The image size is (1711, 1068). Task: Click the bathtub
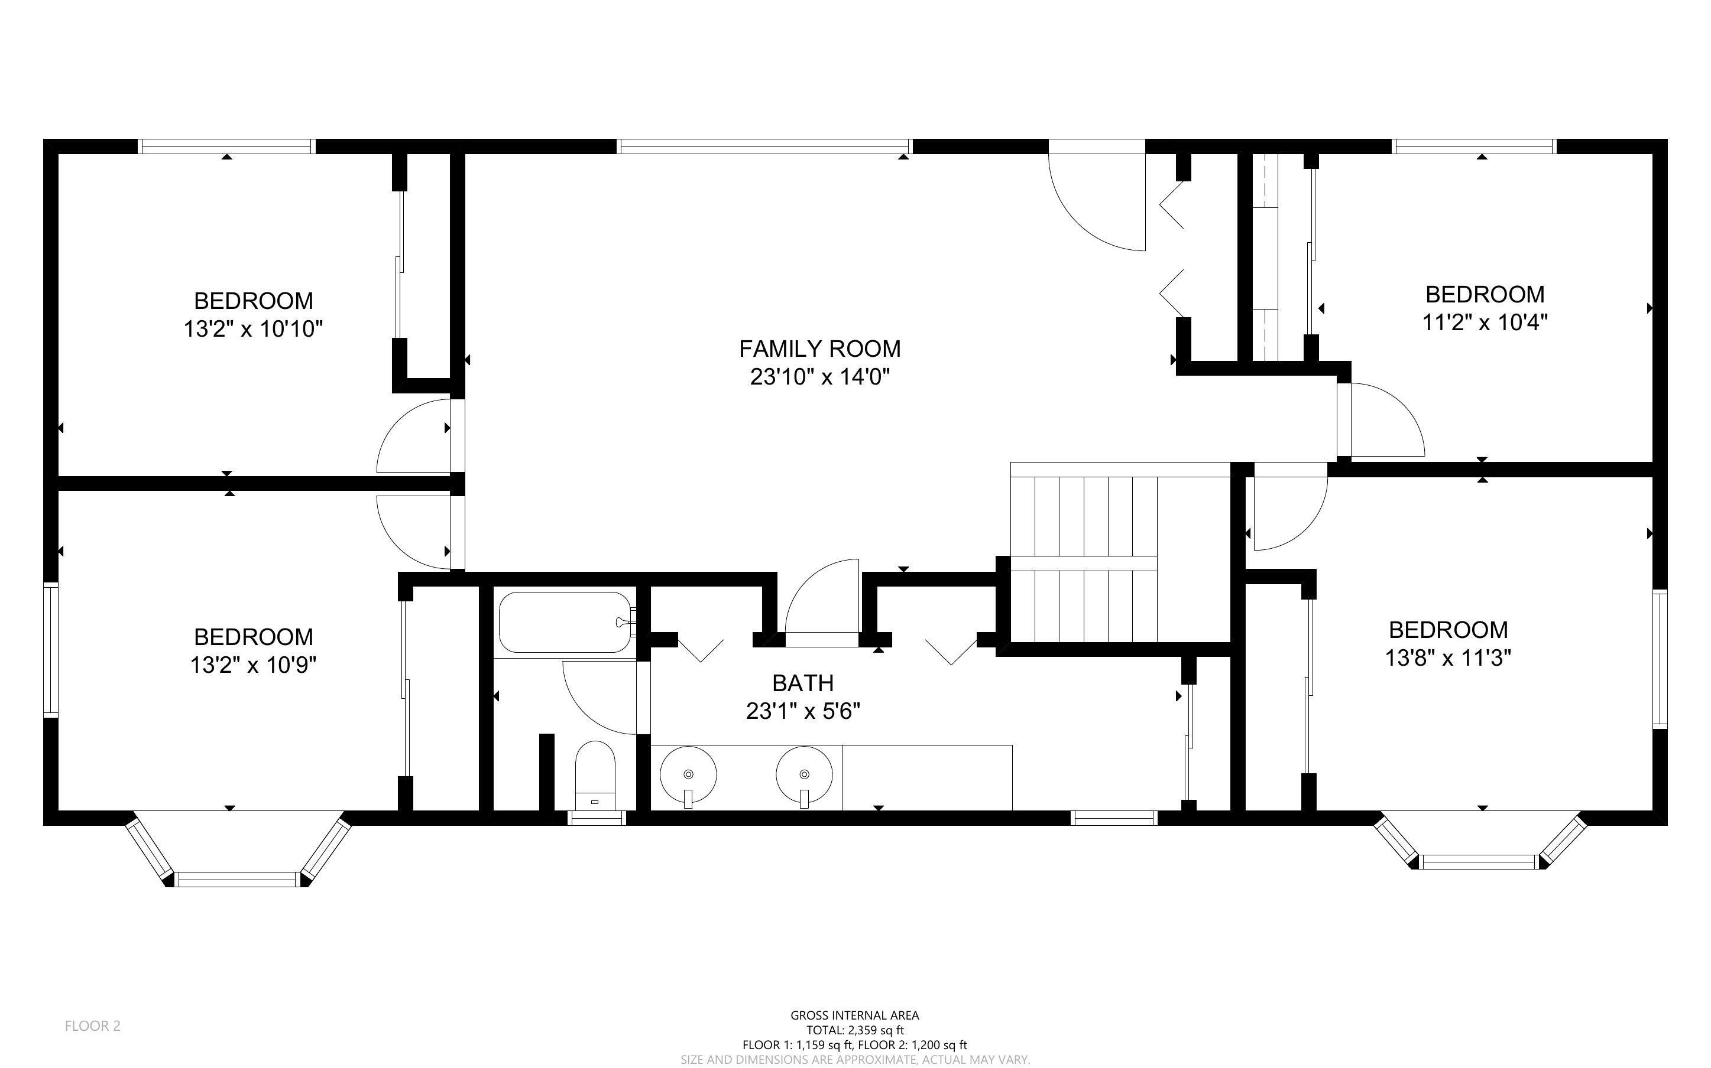[x=565, y=622]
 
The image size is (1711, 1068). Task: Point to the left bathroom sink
[x=688, y=773]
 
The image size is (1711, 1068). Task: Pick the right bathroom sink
[x=804, y=773]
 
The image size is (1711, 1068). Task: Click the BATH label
[x=802, y=682]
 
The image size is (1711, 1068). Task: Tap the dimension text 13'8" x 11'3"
[x=1447, y=658]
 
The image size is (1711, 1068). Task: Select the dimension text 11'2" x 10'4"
[x=1484, y=323]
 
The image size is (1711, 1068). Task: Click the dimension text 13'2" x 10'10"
[x=253, y=329]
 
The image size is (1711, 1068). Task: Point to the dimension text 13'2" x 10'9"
[x=253, y=665]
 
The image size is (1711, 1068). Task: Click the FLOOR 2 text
[x=93, y=1025]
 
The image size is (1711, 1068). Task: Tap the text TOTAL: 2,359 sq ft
[x=854, y=1030]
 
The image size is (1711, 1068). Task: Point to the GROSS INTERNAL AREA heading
[x=854, y=1015]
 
